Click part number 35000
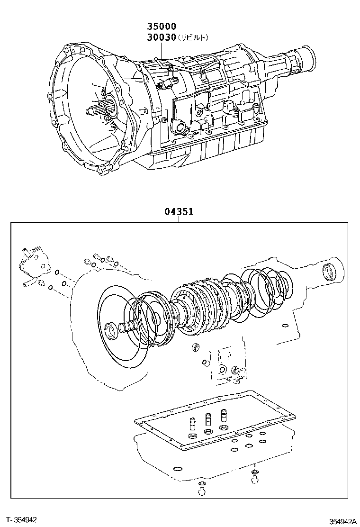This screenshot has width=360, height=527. coord(162,26)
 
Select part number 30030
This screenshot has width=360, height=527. coord(162,37)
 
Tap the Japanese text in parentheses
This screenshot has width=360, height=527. coord(193,37)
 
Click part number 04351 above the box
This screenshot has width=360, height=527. coord(179,211)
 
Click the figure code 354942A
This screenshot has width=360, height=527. coord(342,521)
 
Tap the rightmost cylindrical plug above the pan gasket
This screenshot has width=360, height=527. coord(223,416)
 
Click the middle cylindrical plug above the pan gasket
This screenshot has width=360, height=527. coord(208,419)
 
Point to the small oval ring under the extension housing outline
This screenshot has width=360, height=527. coord(285,325)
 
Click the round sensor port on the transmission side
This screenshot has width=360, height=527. coord(180,127)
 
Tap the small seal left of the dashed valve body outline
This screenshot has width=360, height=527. coord(194,347)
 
